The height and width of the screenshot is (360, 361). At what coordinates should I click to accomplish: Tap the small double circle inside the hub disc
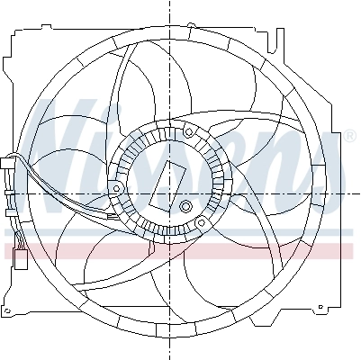[186, 208]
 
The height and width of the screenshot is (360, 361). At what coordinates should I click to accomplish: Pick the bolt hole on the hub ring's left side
[118, 186]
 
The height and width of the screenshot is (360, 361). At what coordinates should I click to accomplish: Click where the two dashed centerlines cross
[168, 193]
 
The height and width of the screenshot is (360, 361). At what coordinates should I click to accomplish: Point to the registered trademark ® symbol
[349, 136]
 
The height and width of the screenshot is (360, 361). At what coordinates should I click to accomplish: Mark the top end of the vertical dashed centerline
[168, 4]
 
